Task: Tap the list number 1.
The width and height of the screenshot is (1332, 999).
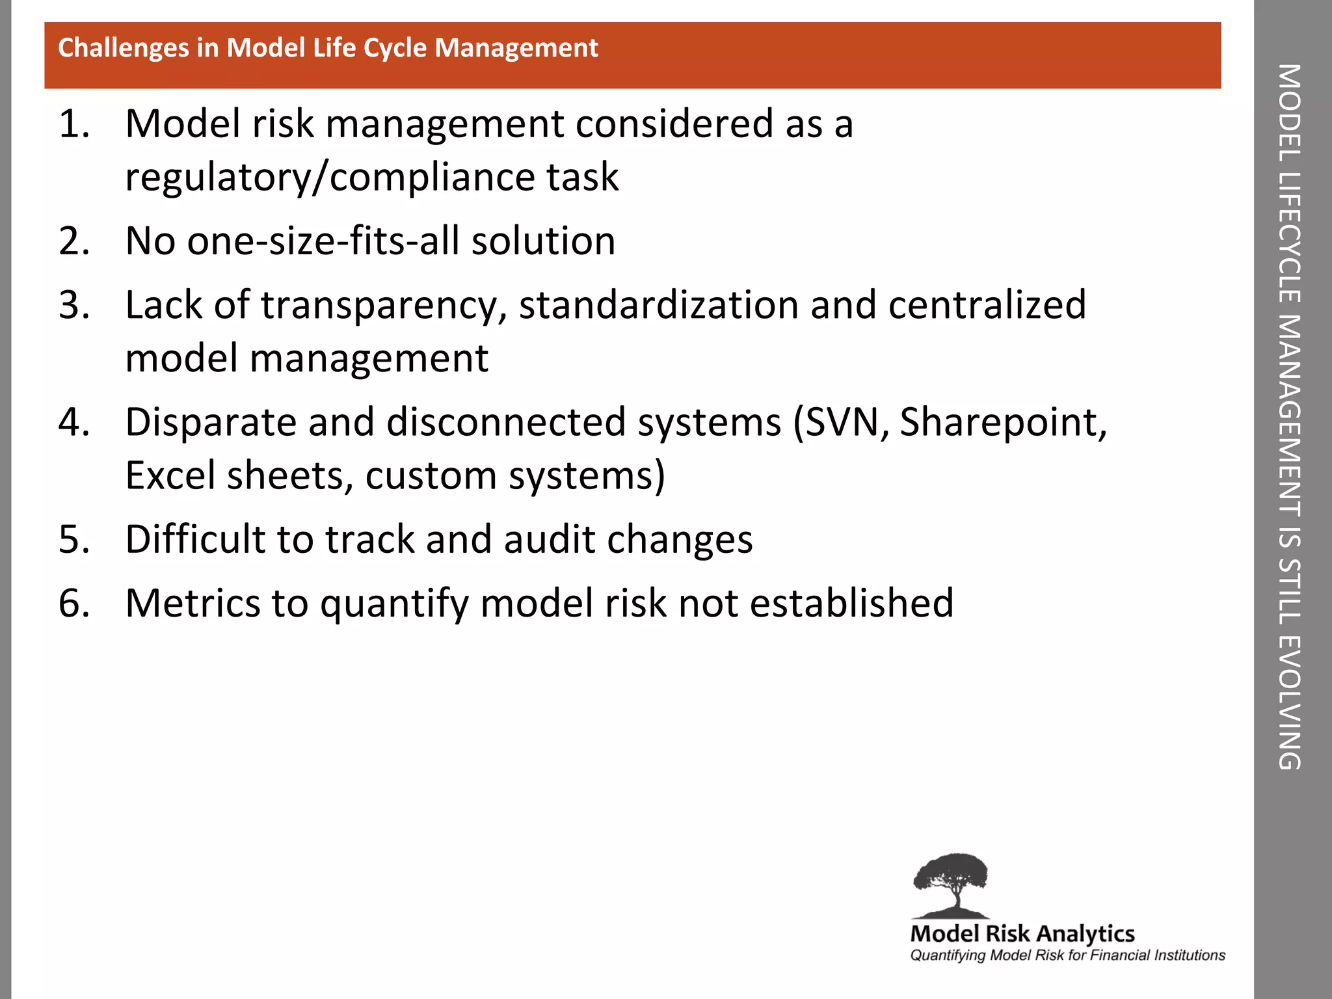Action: tap(73, 124)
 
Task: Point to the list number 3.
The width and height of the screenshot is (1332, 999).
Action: tap(73, 304)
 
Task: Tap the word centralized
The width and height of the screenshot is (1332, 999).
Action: tap(987, 304)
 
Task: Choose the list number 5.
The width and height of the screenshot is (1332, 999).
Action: tap(73, 539)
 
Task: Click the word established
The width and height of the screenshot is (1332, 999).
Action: tap(851, 603)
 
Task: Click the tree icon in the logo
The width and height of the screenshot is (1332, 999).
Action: tap(950, 885)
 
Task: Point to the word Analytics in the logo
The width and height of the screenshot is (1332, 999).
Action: tap(1085, 935)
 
